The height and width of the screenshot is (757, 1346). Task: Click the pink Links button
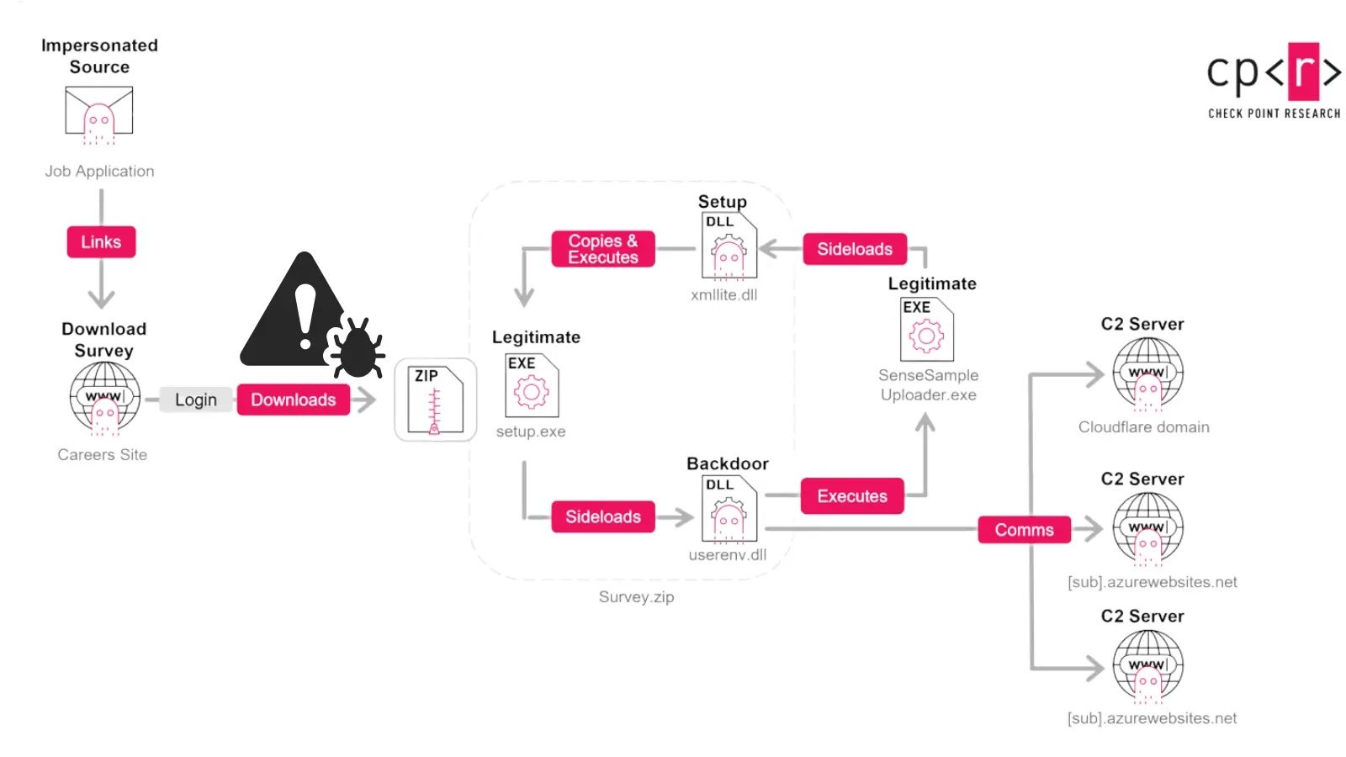101,242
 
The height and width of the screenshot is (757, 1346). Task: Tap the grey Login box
195,400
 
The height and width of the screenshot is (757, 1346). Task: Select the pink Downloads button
293,400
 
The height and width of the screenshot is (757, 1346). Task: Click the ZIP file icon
435,400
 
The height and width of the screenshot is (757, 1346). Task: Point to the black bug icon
357,347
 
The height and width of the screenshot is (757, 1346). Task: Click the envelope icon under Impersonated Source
99,114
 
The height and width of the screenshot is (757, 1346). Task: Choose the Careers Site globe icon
104,398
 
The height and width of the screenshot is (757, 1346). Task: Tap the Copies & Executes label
603,249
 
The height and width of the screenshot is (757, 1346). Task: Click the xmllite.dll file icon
729,246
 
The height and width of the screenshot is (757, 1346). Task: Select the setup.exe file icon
531,386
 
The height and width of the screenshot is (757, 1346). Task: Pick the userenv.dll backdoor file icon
729,509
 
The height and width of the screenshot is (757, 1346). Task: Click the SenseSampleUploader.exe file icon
926,330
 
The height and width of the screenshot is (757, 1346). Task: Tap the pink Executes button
852,496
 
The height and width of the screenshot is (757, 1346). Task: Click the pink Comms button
1024,530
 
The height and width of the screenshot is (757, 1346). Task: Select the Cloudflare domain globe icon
1147,373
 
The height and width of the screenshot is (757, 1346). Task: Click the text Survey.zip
636,597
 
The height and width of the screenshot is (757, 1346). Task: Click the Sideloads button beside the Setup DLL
855,249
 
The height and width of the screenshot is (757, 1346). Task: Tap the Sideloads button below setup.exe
603,516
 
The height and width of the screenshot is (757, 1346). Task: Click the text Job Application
99,172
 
